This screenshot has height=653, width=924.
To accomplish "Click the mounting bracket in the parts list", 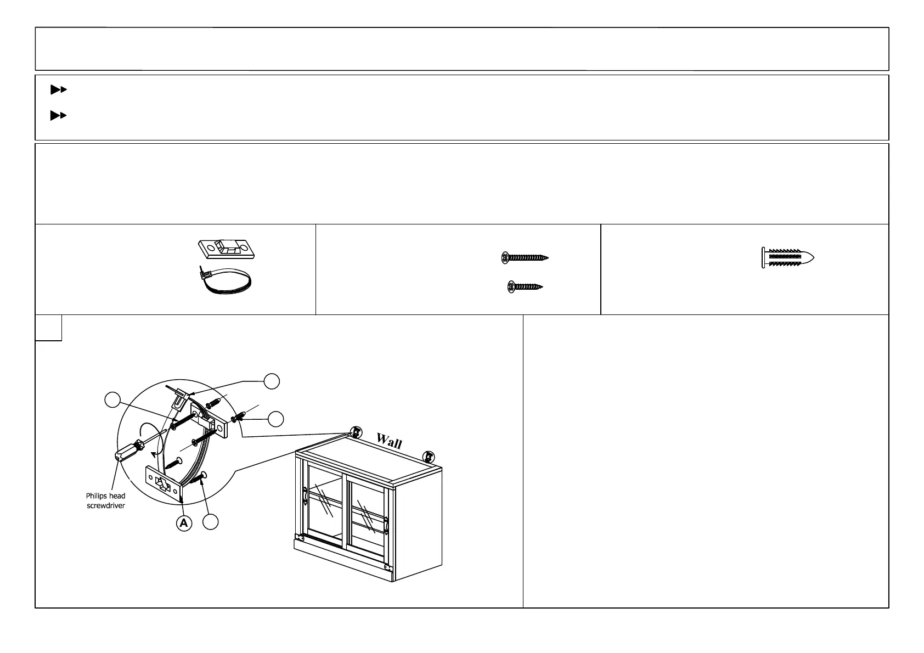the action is [x=227, y=249].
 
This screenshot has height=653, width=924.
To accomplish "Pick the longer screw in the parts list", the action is [x=525, y=257].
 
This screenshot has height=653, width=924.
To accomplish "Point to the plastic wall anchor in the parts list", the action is [x=788, y=257].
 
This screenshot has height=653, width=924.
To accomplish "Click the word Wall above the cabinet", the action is [x=389, y=441].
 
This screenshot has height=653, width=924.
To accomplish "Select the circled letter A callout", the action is [x=184, y=523].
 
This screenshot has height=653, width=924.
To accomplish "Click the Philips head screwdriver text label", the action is [x=105, y=500].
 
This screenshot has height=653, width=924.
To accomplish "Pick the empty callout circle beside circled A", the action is [x=211, y=522].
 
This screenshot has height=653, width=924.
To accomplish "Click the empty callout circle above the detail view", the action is [x=272, y=381].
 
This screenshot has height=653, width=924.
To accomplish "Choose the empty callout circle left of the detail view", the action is [x=112, y=400].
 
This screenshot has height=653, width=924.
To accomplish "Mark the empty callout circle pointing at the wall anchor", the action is [x=276, y=419].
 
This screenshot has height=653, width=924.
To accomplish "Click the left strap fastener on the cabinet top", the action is [x=356, y=431].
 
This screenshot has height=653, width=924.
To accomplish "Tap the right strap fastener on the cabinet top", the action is [x=428, y=455].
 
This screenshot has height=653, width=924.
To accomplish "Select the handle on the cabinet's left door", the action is [x=304, y=495].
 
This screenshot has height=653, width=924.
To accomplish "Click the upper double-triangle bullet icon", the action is [x=58, y=89].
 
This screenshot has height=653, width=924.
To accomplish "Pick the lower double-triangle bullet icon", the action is [x=58, y=115].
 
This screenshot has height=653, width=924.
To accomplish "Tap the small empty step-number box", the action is [x=48, y=328].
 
